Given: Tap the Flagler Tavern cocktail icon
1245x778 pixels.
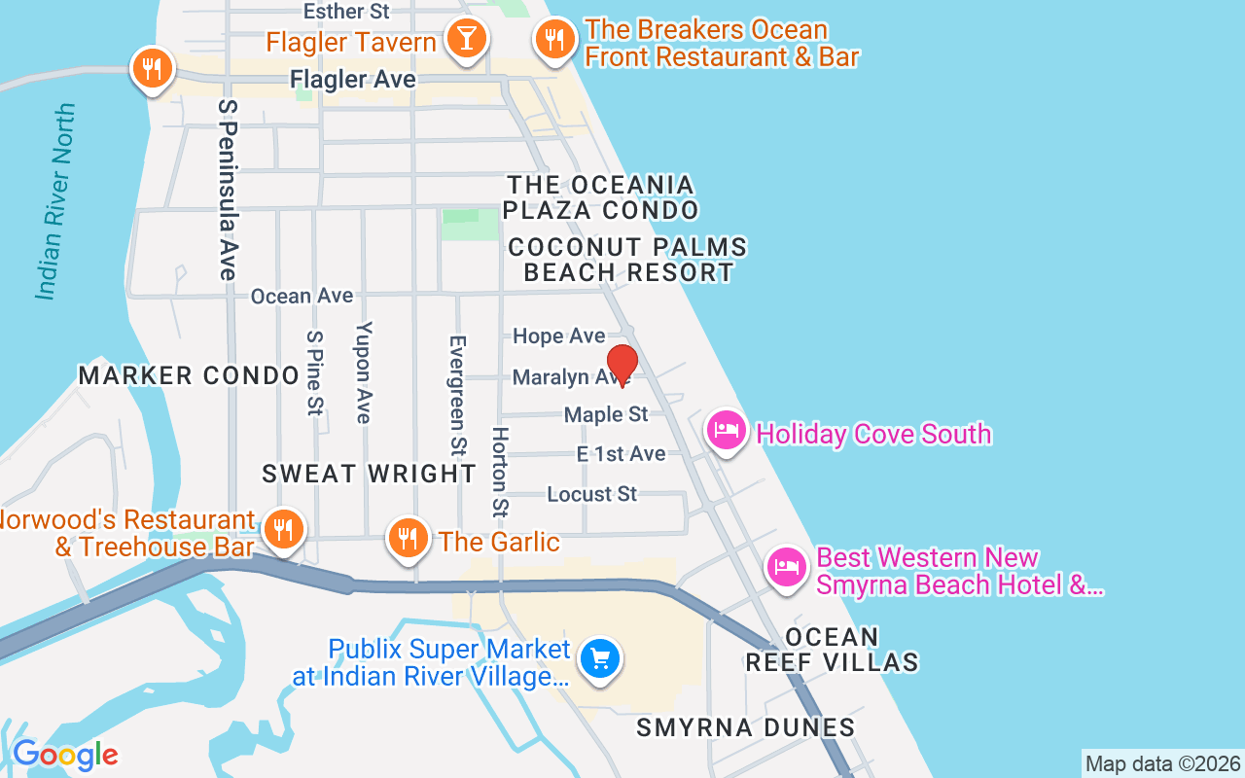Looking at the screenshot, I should coord(466,39).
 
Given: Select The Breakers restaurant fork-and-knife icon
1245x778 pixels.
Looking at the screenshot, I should coord(555,40).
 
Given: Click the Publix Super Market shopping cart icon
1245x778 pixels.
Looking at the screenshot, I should coord(600,659).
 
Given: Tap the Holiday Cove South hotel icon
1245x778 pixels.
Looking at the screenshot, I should coord(727,430).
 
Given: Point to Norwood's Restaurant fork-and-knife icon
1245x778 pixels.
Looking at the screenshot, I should coord(282,530).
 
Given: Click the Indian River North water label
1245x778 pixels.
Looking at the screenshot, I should coord(55,202).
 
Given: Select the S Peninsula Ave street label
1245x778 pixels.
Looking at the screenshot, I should coord(228,190).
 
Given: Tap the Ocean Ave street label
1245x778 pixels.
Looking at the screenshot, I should coord(302,296).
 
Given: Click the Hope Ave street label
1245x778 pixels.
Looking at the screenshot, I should coord(558,336).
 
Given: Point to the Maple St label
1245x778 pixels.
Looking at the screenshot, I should coord(606,415).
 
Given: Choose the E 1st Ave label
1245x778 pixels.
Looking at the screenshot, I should coord(621,454).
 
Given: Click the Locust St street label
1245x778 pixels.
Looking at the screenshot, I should coord(591,494).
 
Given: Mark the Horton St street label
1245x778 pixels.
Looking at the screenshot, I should coord(501,472).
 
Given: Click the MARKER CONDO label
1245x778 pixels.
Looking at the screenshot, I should coord(189,375).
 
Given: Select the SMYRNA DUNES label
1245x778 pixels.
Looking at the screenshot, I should coord(745,727).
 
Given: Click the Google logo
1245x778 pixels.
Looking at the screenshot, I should coord(65,755).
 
